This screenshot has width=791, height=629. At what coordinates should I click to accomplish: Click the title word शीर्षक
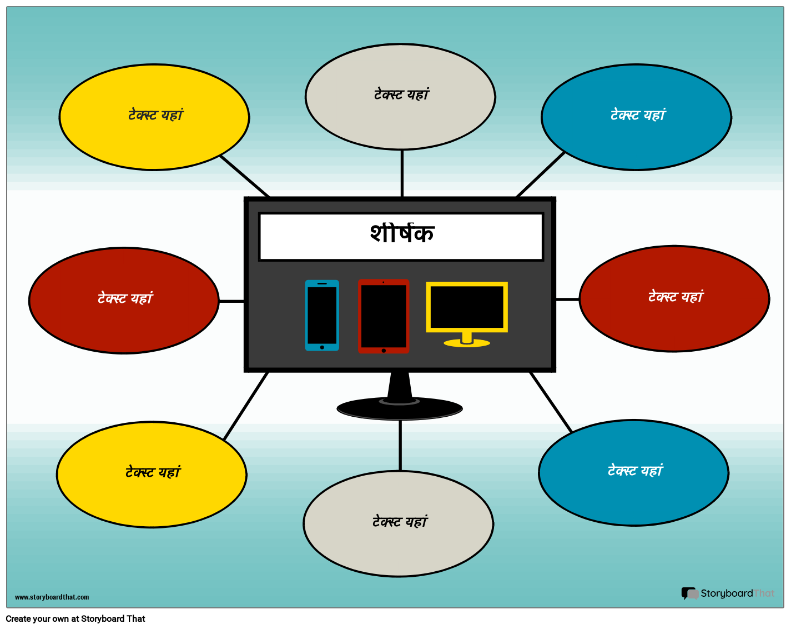coord(401,234)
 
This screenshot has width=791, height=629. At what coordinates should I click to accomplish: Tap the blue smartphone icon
coord(322,315)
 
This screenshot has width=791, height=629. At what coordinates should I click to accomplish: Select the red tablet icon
coord(384,316)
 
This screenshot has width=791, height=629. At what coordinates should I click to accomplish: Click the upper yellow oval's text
coord(155,115)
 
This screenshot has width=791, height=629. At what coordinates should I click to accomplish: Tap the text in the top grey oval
coord(401,94)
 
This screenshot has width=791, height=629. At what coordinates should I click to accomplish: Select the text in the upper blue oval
coord(637,115)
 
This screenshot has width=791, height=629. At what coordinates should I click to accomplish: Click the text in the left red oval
coord(124,298)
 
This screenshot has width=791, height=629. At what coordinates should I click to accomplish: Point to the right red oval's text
coord(675,297)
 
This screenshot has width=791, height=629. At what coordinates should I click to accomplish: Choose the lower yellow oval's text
coord(153,472)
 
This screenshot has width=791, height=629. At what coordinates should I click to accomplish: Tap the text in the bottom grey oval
coord(400,522)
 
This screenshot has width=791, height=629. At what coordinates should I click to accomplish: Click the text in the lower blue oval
coord(634,471)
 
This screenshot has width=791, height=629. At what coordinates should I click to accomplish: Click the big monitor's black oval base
coord(400,410)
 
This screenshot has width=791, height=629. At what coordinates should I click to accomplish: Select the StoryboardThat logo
coord(728,593)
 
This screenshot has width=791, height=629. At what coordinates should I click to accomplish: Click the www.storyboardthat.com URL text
coord(52,597)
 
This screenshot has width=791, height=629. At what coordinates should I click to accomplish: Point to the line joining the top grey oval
coord(402,173)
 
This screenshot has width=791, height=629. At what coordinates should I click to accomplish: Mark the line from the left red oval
coord(231,301)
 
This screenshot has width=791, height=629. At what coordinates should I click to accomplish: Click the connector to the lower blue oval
coord(551,402)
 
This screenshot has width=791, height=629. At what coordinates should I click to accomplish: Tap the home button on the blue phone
coord(322,347)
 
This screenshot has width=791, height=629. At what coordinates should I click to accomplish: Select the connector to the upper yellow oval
coord(244,176)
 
